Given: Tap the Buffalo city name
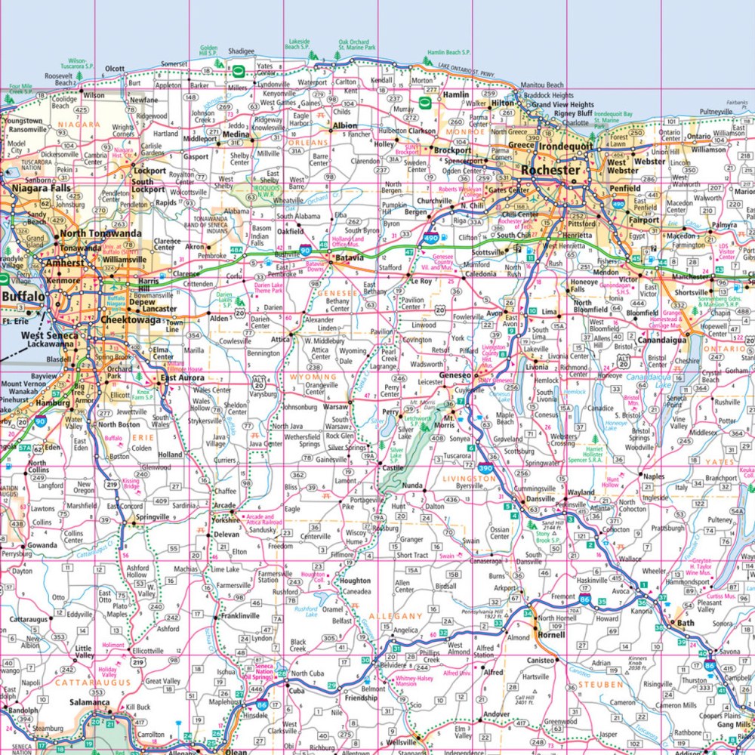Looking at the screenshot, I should click(23, 296).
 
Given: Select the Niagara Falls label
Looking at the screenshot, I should click(39, 190).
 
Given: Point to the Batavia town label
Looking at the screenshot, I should click(350, 257).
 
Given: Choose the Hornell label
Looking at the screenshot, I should click(551, 635).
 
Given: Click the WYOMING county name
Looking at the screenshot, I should click(313, 377).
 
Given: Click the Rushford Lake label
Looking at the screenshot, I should click(307, 612).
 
